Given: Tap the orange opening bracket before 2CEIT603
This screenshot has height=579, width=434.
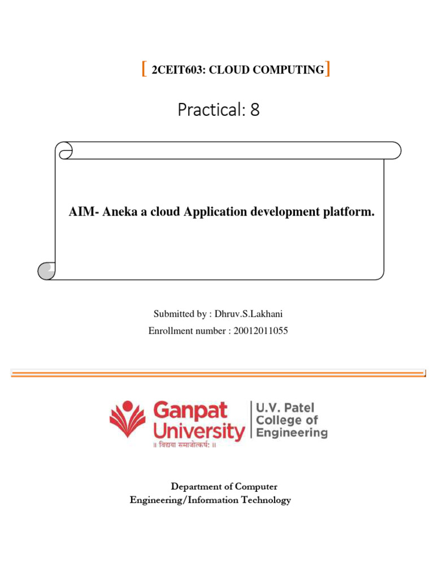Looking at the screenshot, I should pyautogui.click(x=144, y=70).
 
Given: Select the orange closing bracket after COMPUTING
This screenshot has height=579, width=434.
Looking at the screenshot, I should pyautogui.click(x=328, y=70).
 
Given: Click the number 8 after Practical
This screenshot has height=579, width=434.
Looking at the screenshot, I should pyautogui.click(x=255, y=110).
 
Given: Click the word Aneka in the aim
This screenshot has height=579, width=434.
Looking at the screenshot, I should pyautogui.click(x=115, y=213).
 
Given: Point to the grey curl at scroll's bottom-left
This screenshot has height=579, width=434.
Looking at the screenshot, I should pyautogui.click(x=46, y=271).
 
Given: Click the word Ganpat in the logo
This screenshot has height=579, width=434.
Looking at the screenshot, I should pyautogui.click(x=190, y=411).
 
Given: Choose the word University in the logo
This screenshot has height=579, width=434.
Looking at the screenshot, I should pyautogui.click(x=198, y=433).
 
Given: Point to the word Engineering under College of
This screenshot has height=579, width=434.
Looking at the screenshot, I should pyautogui.click(x=292, y=433).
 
